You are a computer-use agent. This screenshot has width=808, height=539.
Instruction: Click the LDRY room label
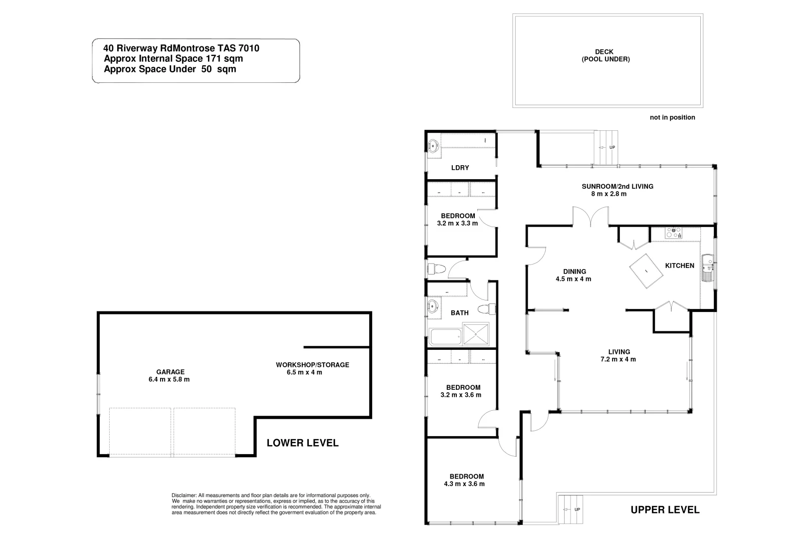pyautogui.click(x=460, y=168)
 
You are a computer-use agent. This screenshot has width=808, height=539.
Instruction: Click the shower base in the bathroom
pyautogui.click(x=476, y=334)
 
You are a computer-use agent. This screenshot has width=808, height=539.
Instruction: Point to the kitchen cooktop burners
pyautogui.click(x=674, y=233)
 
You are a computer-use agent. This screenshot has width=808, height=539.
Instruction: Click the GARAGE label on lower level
pyautogui.click(x=170, y=372)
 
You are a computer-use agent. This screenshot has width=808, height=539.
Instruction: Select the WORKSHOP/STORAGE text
pyautogui.click(x=312, y=365)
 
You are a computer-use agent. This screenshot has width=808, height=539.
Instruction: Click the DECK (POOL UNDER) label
pyautogui.click(x=605, y=55)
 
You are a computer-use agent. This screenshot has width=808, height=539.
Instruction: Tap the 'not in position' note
pyautogui.click(x=672, y=118)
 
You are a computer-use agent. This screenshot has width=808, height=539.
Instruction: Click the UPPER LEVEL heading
pyautogui.click(x=664, y=510)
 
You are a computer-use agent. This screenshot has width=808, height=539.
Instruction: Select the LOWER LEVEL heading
pyautogui.click(x=302, y=443)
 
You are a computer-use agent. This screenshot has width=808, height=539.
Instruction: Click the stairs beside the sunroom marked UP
pyautogui.click(x=606, y=147)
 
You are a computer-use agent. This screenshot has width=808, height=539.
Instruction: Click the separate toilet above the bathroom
pyautogui.click(x=436, y=269)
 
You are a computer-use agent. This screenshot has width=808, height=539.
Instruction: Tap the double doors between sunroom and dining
pyautogui.click(x=590, y=218)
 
